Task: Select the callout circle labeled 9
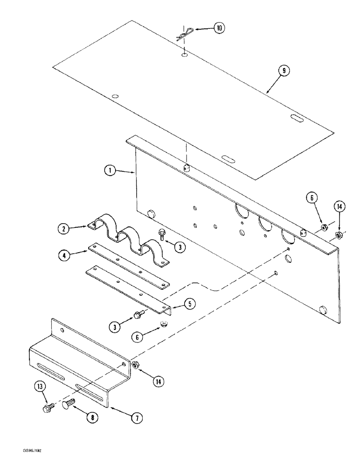284,71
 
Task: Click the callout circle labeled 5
189,304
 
